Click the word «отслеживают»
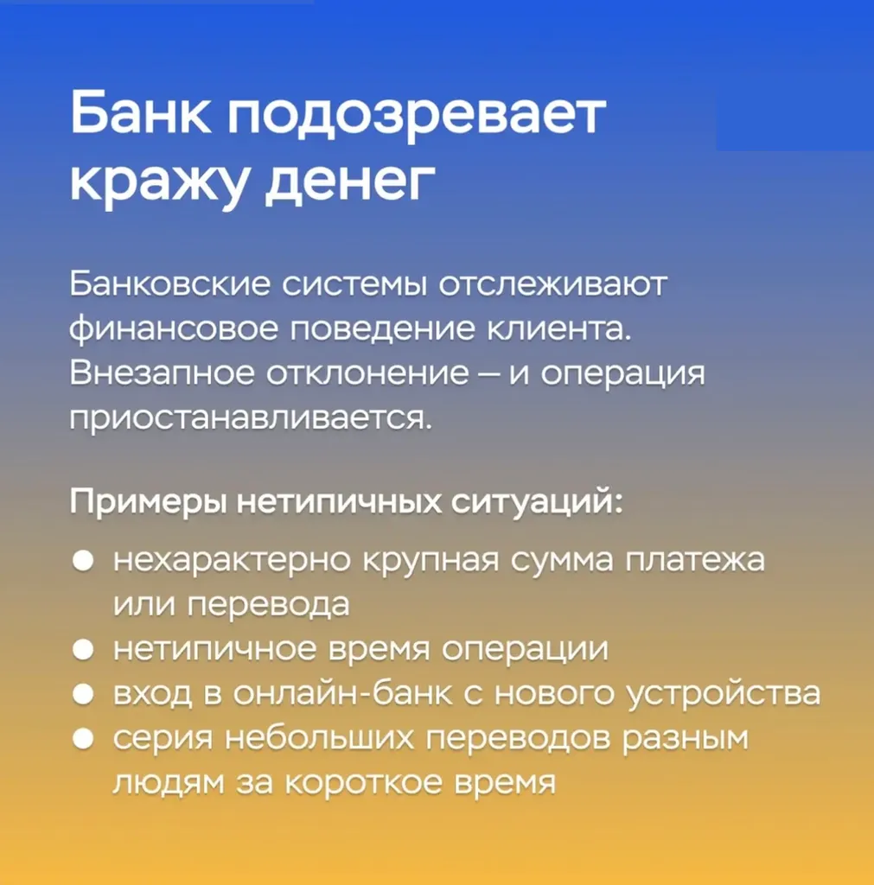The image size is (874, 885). tap(552, 283)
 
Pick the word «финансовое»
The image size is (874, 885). tap(174, 329)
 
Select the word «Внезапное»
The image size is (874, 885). tap(162, 373)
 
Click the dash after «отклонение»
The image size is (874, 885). tap(489, 374)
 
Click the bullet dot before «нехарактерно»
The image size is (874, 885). tap(83, 561)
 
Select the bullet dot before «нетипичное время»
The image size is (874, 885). tap(83, 650)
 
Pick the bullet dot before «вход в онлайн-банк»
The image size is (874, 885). tap(83, 694)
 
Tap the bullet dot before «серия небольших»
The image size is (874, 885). tap(83, 739)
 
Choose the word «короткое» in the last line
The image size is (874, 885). tap(363, 783)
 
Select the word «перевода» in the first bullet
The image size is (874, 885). tap(268, 605)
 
